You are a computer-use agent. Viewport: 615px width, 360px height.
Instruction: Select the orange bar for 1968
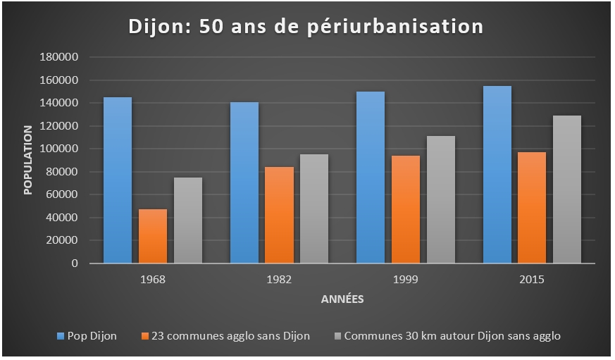pyautogui.click(x=153, y=236)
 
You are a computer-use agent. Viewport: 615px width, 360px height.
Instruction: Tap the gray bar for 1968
pyautogui.click(x=188, y=220)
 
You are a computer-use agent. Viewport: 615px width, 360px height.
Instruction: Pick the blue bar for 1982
pyautogui.click(x=244, y=182)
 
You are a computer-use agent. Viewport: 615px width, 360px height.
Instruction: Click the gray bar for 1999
pyautogui.click(x=441, y=199)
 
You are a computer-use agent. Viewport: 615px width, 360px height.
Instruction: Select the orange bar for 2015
pyautogui.click(x=532, y=208)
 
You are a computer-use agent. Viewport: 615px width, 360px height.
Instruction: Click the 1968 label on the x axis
pyautogui.click(x=153, y=279)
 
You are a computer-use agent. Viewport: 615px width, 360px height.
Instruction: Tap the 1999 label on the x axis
pyautogui.click(x=406, y=279)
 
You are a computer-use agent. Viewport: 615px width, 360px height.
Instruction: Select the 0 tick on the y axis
pyautogui.click(x=74, y=263)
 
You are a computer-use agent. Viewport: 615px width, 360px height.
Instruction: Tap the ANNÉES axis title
pyautogui.click(x=342, y=299)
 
